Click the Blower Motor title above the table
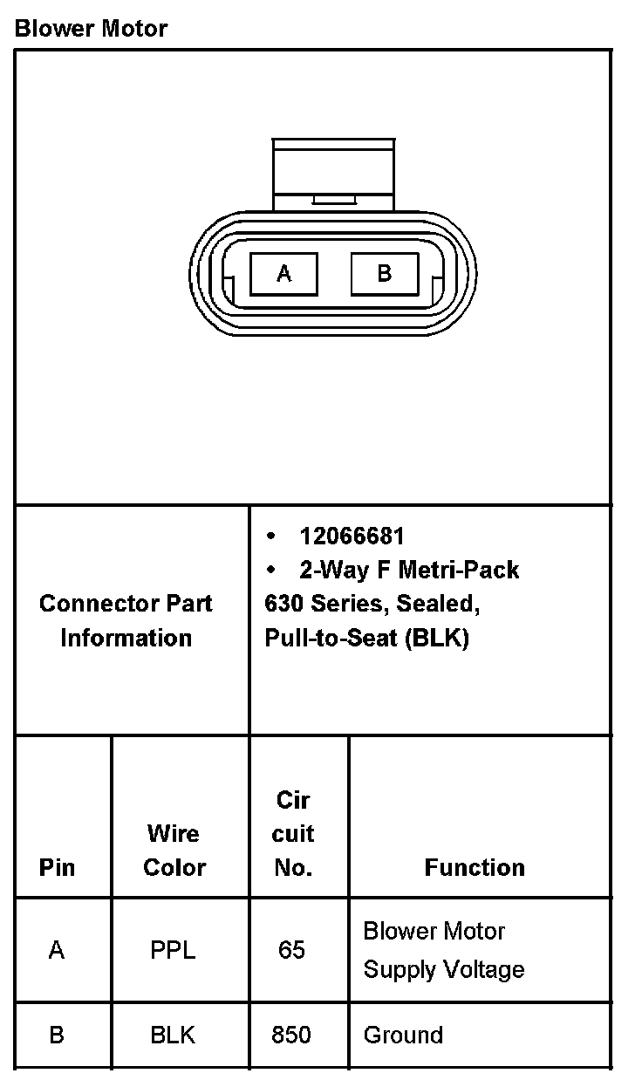pyautogui.click(x=91, y=29)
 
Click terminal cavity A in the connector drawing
pyautogui.click(x=283, y=274)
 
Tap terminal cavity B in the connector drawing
pyautogui.click(x=384, y=274)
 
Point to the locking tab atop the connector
pyautogui.click(x=334, y=174)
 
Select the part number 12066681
pyautogui.click(x=352, y=536)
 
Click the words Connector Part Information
pyautogui.click(x=126, y=620)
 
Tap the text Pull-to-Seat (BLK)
pyautogui.click(x=366, y=638)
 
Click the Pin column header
pyautogui.click(x=57, y=867)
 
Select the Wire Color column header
pyautogui.click(x=174, y=851)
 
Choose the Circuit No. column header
pyautogui.click(x=293, y=833)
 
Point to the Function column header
pyautogui.click(x=475, y=867)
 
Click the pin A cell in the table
pyautogui.click(x=57, y=950)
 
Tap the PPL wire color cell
pyautogui.click(x=173, y=950)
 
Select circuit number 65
pyautogui.click(x=291, y=950)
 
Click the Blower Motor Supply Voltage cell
pyautogui.click(x=443, y=950)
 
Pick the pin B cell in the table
pyautogui.click(x=57, y=1035)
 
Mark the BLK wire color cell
pyautogui.click(x=173, y=1035)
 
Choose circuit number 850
pyautogui.click(x=291, y=1035)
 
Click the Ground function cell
pyautogui.click(x=403, y=1035)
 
